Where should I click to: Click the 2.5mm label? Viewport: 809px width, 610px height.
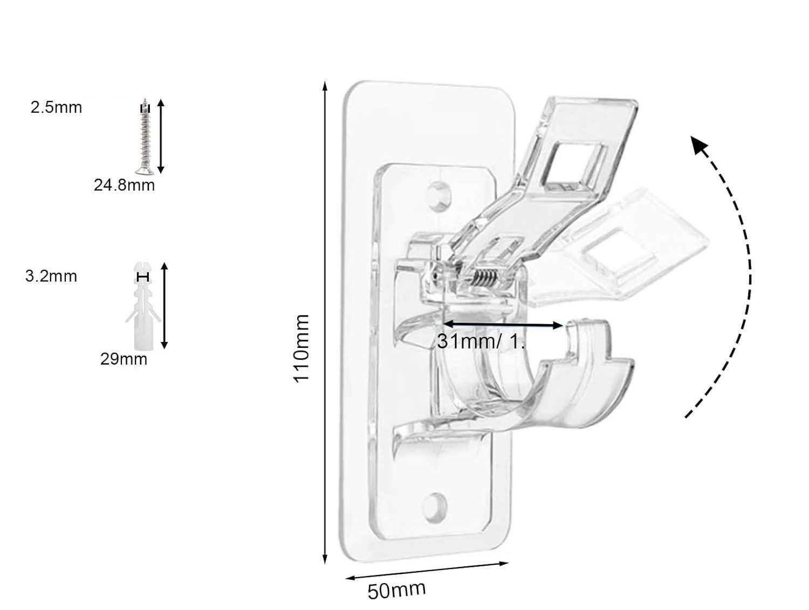[56, 107]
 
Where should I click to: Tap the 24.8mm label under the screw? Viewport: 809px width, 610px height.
[124, 186]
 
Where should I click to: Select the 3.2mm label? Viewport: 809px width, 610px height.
[51, 276]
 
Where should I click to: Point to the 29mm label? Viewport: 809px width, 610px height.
[124, 359]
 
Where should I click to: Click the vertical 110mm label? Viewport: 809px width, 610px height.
[301, 348]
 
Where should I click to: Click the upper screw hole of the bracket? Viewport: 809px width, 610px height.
[440, 193]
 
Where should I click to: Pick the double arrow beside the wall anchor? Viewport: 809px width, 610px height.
[165, 305]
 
